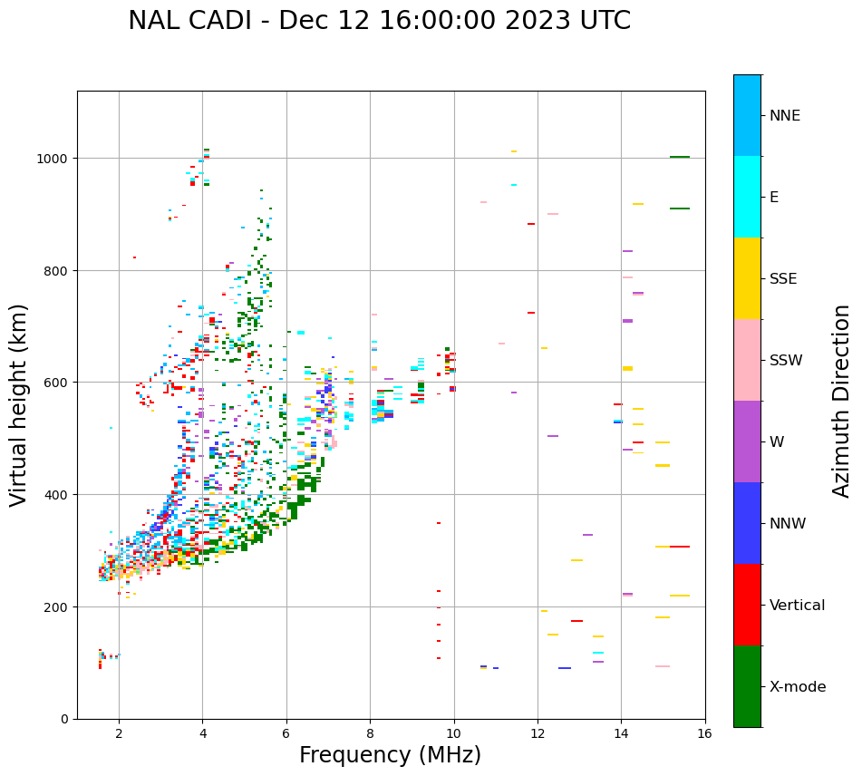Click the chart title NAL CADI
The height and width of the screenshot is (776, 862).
(x=379, y=21)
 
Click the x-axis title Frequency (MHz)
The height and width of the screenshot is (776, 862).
(x=390, y=755)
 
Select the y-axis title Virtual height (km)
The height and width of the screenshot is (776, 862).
(x=19, y=404)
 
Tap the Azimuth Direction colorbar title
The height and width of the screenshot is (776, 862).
(x=842, y=401)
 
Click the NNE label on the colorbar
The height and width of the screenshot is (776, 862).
(x=785, y=116)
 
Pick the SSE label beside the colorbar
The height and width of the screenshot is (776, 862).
(x=783, y=279)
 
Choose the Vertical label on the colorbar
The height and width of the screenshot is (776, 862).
(x=797, y=606)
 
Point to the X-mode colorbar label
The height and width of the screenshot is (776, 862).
(x=798, y=687)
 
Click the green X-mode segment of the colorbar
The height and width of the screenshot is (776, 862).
(x=747, y=686)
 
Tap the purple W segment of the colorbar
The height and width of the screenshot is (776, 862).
(x=747, y=441)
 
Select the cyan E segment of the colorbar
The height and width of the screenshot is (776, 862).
(x=747, y=197)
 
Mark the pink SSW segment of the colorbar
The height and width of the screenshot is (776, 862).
(x=747, y=360)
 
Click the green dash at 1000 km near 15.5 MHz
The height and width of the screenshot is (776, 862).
(x=680, y=157)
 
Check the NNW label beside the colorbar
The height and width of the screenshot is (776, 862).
(x=788, y=524)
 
